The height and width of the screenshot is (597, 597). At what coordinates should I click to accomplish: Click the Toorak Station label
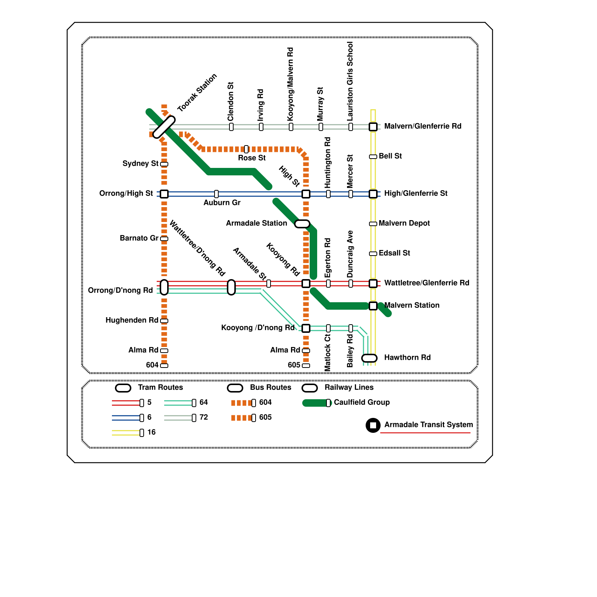[197, 93]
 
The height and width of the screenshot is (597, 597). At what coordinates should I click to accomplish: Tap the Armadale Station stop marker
[302, 224]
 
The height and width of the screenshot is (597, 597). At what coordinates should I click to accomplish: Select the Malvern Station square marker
[373, 306]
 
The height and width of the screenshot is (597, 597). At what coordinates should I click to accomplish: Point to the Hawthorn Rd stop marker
[369, 358]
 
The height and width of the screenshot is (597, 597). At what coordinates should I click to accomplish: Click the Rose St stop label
[252, 158]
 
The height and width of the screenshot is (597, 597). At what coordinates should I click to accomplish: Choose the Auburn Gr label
[222, 203]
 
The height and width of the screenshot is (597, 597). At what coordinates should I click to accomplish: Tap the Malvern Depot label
[404, 223]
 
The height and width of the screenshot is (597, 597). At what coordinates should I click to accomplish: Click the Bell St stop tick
[373, 157]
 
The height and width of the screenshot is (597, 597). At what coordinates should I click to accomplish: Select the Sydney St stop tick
[164, 164]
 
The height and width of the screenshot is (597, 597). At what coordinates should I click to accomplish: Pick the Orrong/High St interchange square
[164, 194]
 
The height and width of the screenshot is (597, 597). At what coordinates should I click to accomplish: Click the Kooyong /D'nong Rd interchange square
[306, 328]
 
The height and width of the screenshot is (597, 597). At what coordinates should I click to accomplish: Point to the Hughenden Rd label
[132, 320]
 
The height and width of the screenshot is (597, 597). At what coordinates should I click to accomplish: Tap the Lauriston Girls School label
[350, 81]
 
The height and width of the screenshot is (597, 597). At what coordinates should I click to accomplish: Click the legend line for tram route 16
[126, 433]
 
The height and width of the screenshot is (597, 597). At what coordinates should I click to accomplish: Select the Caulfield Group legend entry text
[362, 402]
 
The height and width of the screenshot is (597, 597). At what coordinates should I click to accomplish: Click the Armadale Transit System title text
[428, 425]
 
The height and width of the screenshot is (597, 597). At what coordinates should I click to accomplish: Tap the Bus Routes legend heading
[271, 387]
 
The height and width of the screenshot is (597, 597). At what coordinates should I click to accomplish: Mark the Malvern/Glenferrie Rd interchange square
[373, 127]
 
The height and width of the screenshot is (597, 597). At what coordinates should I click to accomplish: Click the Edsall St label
[394, 253]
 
